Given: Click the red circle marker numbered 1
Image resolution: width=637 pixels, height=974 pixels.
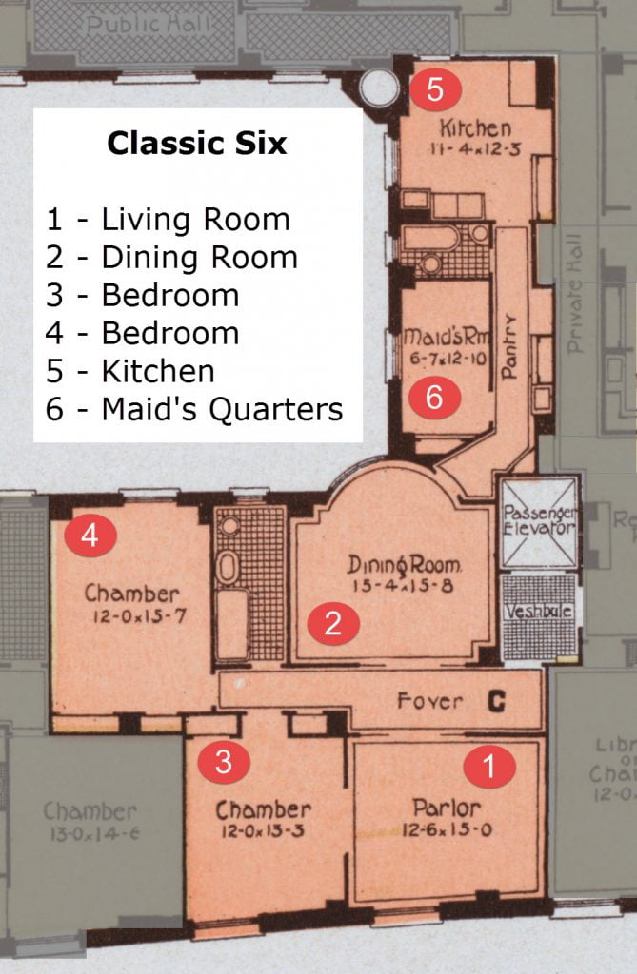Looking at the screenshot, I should click(489, 766).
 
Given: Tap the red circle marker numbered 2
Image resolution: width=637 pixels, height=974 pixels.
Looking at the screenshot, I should click(332, 624).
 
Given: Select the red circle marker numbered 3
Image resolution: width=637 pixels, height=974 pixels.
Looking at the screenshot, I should click(223, 762).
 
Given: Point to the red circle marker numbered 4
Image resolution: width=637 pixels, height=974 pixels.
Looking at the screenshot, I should click(90, 536).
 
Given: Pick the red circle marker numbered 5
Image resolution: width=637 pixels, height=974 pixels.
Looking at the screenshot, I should click(435, 90).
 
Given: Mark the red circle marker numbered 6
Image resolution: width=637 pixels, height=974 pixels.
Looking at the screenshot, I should click(434, 398).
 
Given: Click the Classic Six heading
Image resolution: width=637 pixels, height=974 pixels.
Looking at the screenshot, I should click(197, 144).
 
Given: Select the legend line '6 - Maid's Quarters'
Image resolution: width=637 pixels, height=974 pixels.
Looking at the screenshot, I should click(194, 409).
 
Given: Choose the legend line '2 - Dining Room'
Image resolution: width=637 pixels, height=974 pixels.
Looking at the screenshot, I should click(171, 258).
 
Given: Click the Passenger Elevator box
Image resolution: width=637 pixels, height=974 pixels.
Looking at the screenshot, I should click(539, 521).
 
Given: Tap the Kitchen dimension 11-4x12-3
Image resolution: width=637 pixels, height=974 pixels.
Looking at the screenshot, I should click(475, 148).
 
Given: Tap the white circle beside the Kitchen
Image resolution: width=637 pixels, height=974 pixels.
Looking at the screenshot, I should click(379, 88).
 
